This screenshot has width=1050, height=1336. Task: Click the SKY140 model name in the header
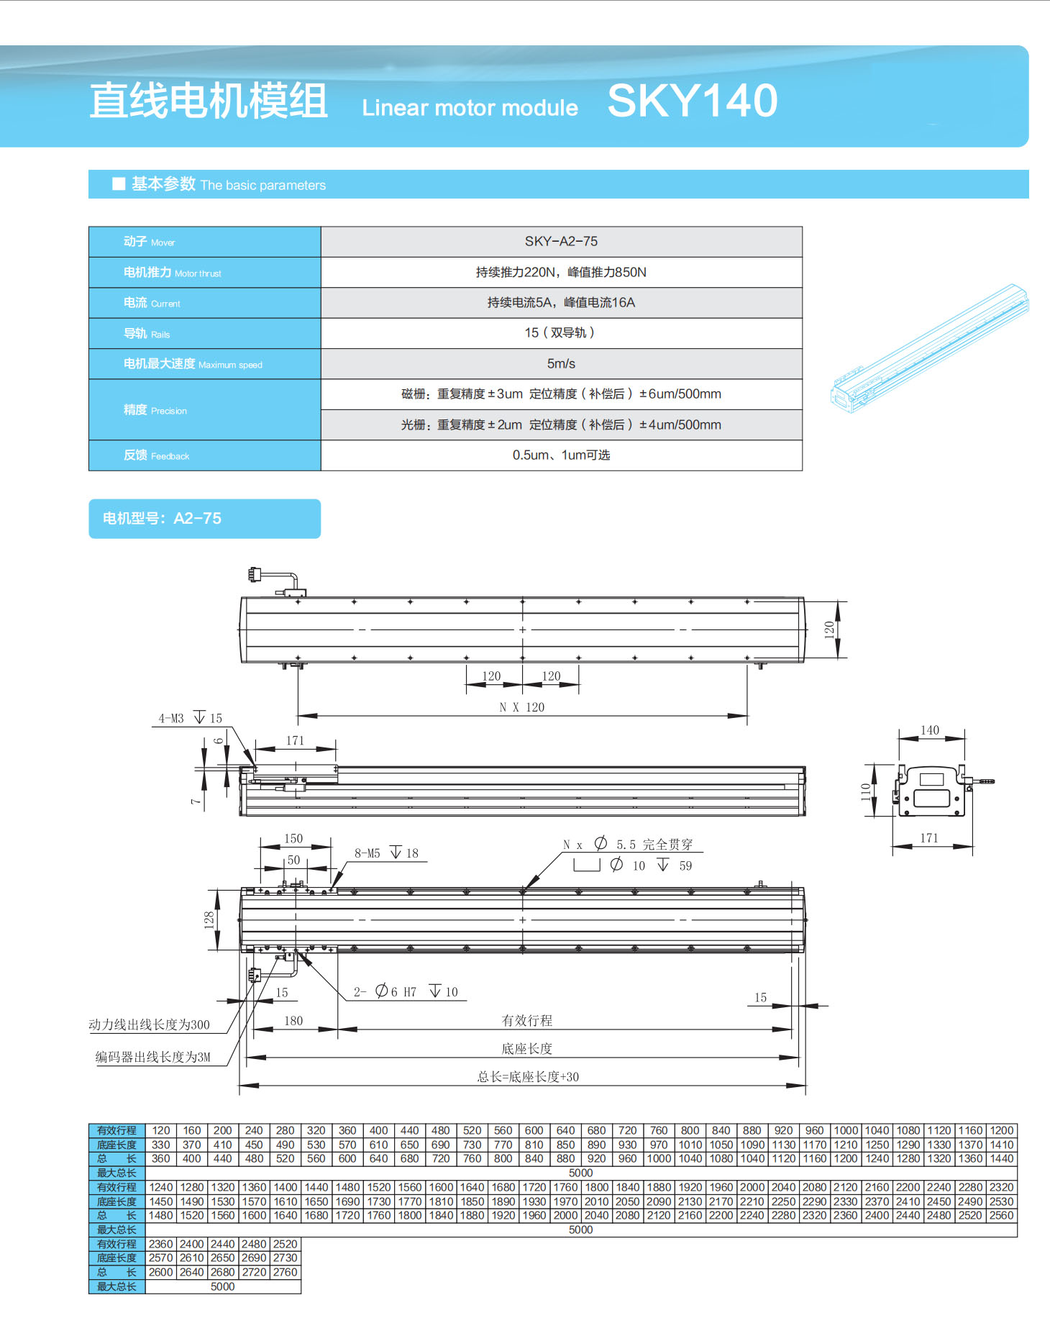(x=692, y=101)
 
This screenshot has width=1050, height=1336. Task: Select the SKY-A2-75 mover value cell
(x=561, y=242)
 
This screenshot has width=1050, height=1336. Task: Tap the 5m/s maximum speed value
(x=561, y=364)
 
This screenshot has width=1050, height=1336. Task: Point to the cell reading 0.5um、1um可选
(x=561, y=455)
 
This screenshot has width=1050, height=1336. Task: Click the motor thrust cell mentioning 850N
(x=561, y=273)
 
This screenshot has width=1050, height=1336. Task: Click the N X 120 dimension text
(x=522, y=707)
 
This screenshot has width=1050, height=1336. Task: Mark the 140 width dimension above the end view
(x=930, y=730)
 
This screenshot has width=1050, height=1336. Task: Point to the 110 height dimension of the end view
(x=866, y=791)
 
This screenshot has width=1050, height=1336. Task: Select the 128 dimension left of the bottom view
(x=209, y=919)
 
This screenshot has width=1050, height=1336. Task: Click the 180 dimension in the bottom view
(x=293, y=1021)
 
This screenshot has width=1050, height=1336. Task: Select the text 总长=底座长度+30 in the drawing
(x=528, y=1077)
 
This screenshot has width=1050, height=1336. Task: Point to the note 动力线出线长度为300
(x=150, y=1024)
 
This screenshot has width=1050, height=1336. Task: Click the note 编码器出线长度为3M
(x=153, y=1057)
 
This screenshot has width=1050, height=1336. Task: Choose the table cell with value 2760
(x=286, y=1272)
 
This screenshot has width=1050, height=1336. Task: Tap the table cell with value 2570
(x=161, y=1258)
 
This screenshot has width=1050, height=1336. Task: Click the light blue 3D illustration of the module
(x=929, y=350)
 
